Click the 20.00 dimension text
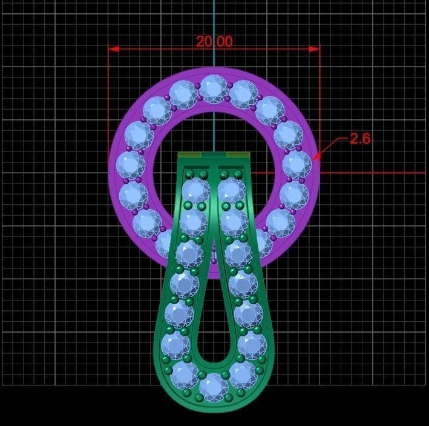(x=214, y=41)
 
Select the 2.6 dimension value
(x=360, y=138)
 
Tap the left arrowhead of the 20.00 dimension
(x=113, y=48)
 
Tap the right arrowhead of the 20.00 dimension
(x=315, y=48)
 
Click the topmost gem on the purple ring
(x=213, y=88)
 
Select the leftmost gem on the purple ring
(x=128, y=164)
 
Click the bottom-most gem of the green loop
(x=214, y=387)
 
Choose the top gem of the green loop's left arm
(x=195, y=190)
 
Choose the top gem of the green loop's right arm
(x=231, y=190)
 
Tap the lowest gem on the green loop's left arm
(x=185, y=374)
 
